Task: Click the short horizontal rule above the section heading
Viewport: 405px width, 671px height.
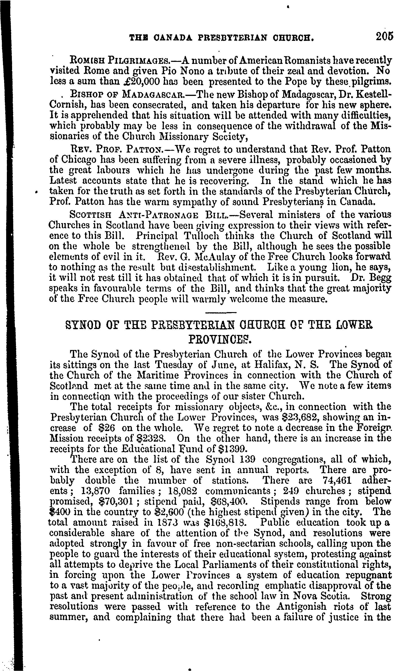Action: (x=220, y=313)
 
